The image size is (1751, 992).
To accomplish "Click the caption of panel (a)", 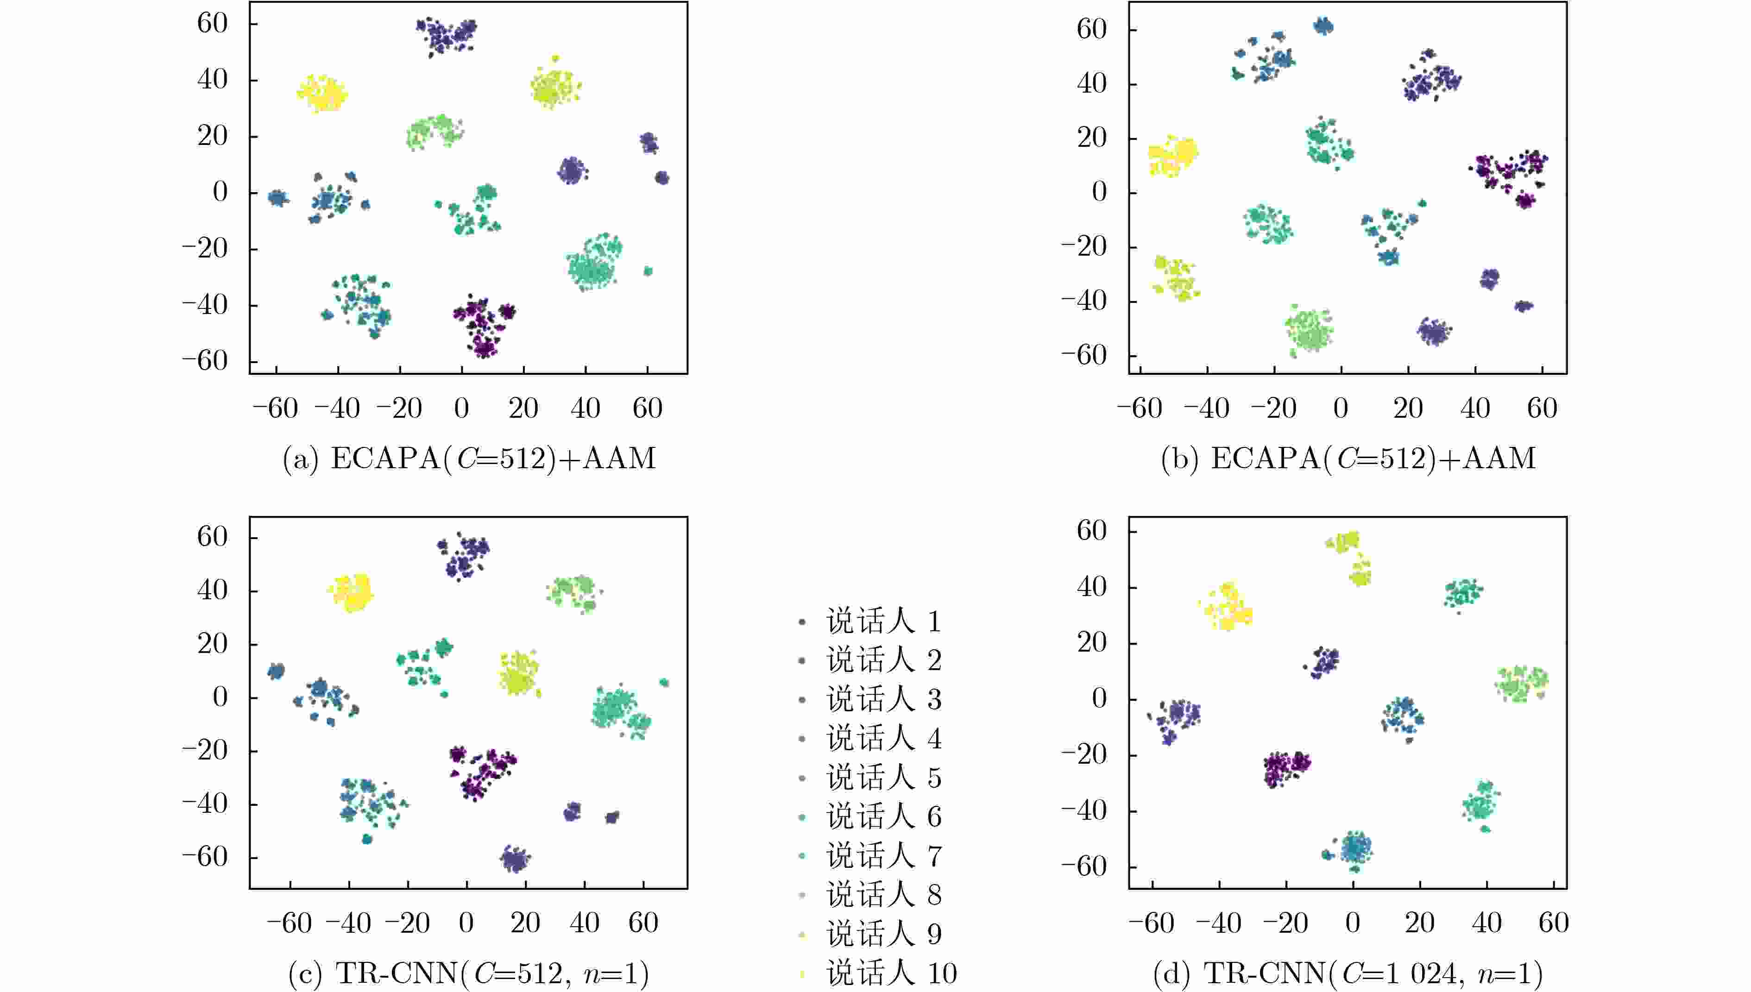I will (x=469, y=458).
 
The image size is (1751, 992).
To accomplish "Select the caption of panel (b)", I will (x=1348, y=458).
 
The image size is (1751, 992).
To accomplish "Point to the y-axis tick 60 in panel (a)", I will (x=213, y=23).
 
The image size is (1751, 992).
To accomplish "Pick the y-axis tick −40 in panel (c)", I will (x=204, y=804).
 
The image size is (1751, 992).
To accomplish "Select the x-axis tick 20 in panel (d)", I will (x=1420, y=923).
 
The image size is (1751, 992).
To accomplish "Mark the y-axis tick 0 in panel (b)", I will (x=1099, y=192).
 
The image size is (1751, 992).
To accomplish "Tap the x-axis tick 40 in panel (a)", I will (x=585, y=408).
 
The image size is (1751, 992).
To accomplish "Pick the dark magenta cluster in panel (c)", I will (x=482, y=771).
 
